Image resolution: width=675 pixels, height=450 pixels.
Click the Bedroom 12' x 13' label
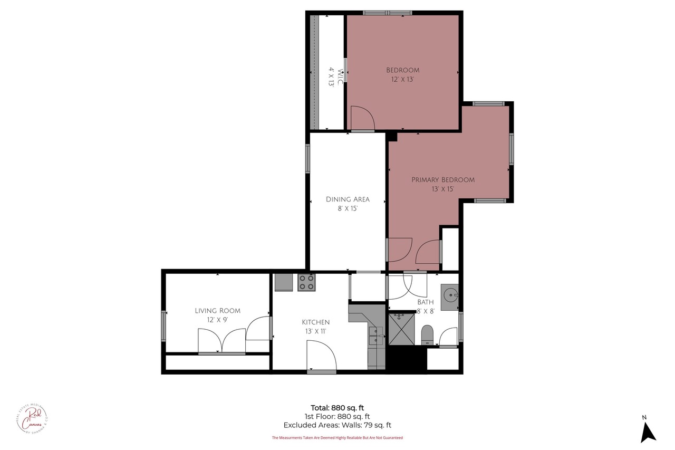click(402, 74)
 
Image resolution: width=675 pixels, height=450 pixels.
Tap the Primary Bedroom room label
click(442, 184)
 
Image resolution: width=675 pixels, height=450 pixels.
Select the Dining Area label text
click(347, 204)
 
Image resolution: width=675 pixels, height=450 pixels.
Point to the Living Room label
click(217, 315)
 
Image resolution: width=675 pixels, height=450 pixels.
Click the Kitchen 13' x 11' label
click(315, 327)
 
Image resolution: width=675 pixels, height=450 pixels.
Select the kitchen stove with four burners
click(306, 282)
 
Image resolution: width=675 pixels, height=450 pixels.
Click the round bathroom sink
click(449, 294)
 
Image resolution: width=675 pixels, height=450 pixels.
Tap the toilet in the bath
click(427, 334)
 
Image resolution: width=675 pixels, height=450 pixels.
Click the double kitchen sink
click(376, 336)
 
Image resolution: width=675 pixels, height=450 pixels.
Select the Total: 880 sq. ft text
click(337, 407)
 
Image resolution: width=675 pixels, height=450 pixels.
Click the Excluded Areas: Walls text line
click(337, 425)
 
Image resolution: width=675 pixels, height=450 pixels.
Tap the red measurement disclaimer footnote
click(337, 437)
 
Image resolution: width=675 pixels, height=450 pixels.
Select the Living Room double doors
click(221, 340)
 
